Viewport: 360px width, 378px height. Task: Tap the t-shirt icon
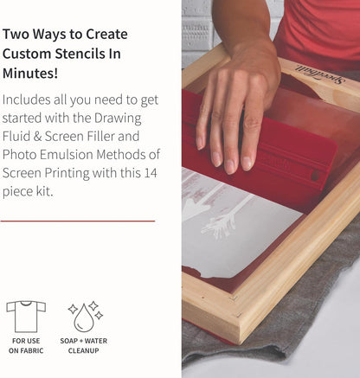(25, 316)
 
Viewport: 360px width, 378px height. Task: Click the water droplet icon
(84, 317)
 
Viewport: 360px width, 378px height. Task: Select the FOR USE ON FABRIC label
(25, 346)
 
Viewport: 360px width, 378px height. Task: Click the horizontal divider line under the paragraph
(78, 221)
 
